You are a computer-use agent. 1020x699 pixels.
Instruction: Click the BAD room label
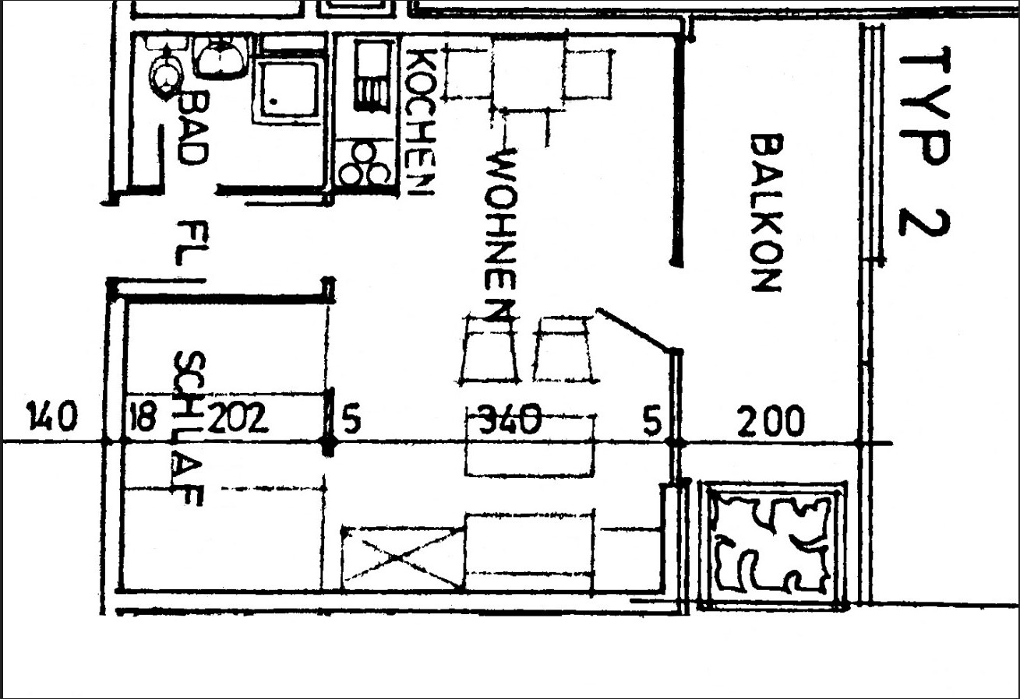click(193, 127)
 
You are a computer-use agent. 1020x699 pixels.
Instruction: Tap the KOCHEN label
click(420, 122)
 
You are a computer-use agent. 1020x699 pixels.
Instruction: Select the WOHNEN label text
click(501, 235)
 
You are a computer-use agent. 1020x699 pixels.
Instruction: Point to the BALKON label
click(767, 213)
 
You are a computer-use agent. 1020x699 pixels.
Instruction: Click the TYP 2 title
click(925, 143)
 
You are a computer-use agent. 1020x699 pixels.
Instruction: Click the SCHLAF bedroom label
click(189, 428)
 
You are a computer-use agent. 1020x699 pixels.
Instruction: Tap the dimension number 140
click(52, 416)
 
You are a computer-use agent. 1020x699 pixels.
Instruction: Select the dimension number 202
click(237, 417)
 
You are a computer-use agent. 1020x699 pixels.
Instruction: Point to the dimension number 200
click(771, 421)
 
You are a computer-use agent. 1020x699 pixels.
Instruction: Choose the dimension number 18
click(143, 416)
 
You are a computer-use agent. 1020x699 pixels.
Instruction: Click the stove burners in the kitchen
click(365, 163)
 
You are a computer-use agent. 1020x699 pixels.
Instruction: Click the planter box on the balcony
click(773, 546)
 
